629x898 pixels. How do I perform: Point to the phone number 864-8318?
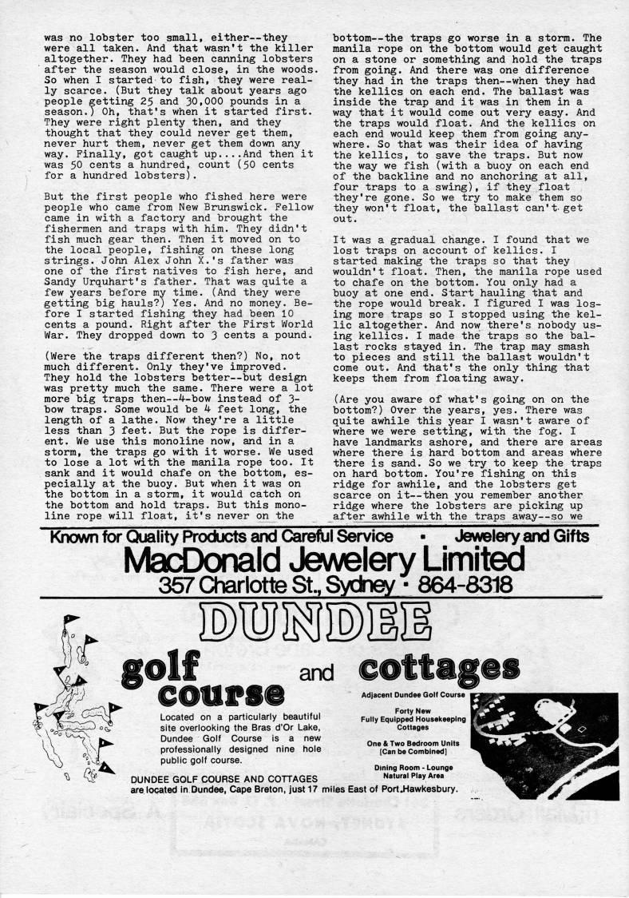(x=457, y=586)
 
